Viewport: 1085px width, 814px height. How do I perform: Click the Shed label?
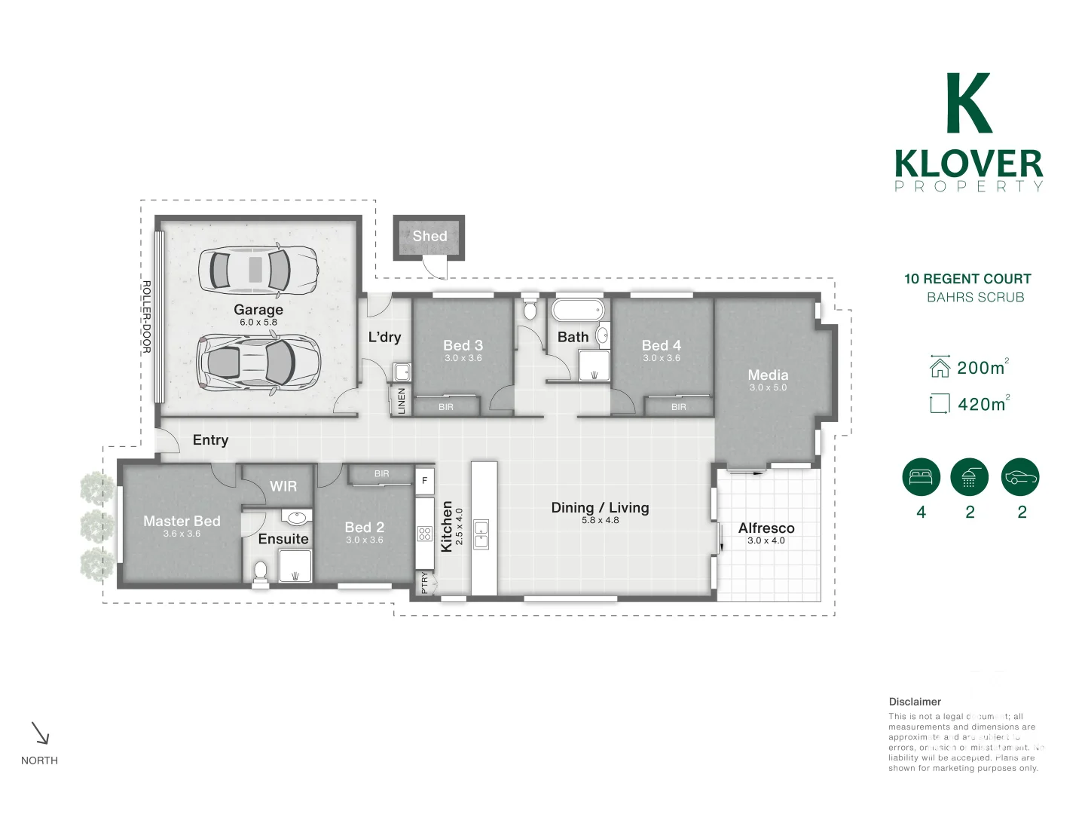(429, 236)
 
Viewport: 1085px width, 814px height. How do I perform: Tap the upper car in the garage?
(258, 269)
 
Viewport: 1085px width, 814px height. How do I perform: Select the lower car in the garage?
(258, 362)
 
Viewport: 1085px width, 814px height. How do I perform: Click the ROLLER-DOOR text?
(147, 317)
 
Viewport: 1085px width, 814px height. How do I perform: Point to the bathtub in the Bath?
(577, 311)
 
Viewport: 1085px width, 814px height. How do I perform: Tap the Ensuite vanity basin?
(297, 518)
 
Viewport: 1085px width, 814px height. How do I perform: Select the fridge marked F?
(424, 480)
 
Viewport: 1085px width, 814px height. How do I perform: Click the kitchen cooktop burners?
(424, 534)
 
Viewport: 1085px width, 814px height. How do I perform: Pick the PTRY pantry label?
(424, 583)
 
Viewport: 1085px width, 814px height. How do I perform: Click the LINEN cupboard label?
(402, 400)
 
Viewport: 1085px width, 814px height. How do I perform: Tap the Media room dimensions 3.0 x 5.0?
(768, 387)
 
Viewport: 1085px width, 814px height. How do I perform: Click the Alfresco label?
(766, 528)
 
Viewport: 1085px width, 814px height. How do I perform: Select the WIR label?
(283, 486)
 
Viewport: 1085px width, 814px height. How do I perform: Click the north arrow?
(40, 733)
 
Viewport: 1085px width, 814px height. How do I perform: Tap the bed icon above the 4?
(921, 477)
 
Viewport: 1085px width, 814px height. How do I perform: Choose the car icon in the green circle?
(1020, 477)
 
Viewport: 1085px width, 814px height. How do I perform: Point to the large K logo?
(969, 103)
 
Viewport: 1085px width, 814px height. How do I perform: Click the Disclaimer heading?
(915, 702)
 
